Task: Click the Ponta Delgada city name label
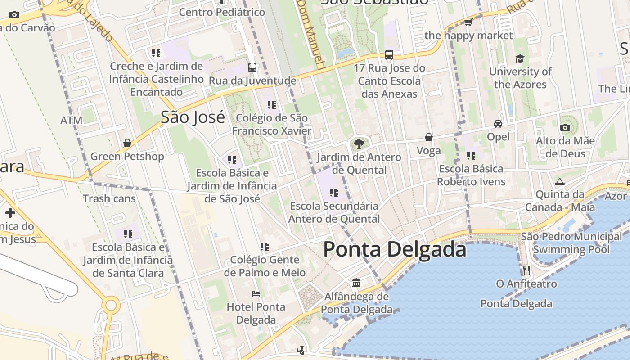(395, 249)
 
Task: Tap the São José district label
(193, 117)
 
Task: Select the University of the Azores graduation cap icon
(520, 58)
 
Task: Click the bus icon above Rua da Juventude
(252, 67)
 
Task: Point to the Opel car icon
(498, 123)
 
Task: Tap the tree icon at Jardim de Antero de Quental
(359, 144)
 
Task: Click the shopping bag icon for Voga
(429, 137)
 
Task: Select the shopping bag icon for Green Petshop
(127, 143)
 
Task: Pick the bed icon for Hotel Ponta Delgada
(256, 294)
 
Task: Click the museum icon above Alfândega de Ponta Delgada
(356, 283)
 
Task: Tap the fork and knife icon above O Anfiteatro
(526, 270)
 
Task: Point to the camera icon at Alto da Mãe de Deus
(565, 127)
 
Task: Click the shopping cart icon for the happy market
(468, 22)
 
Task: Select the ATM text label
(72, 121)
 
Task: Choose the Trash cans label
(109, 198)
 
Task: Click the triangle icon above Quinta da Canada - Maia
(560, 182)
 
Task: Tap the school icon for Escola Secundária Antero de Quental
(333, 193)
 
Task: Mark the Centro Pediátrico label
(222, 12)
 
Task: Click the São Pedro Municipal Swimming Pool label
(571, 243)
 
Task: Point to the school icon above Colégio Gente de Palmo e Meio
(264, 247)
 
